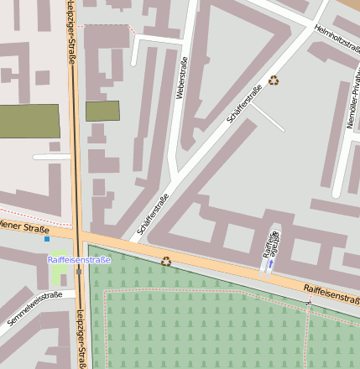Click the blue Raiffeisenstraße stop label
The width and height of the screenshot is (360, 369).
(79, 259)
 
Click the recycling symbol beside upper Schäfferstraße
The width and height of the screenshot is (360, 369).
(274, 81)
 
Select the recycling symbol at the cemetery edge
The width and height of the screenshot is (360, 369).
(166, 261)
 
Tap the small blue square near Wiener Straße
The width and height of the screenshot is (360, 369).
(47, 239)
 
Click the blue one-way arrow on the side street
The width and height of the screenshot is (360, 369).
(270, 264)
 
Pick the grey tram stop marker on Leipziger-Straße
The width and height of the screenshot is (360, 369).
(79, 271)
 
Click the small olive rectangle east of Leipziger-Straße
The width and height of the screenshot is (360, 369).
(102, 111)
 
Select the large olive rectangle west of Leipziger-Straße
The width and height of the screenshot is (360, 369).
(29, 122)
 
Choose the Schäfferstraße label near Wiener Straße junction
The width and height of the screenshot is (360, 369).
(153, 216)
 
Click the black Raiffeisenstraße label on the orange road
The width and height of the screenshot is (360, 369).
(331, 293)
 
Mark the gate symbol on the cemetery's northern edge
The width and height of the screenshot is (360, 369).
(309, 302)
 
